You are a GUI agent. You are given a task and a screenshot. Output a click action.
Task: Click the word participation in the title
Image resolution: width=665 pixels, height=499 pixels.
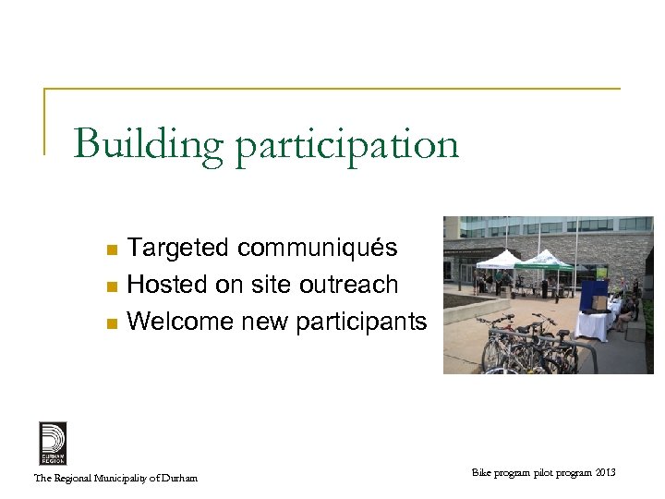point(346,146)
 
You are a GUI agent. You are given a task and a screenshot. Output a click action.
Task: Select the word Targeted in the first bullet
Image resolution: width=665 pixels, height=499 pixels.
point(178,249)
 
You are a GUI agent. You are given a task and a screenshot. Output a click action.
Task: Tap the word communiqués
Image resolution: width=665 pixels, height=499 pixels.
point(318,249)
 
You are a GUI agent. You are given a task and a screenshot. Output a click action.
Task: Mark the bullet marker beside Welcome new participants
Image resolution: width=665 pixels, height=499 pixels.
point(111,323)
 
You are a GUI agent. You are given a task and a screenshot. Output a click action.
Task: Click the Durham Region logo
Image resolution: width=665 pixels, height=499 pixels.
point(52,443)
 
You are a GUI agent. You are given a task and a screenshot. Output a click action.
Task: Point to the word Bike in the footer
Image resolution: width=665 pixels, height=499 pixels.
point(481,473)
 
